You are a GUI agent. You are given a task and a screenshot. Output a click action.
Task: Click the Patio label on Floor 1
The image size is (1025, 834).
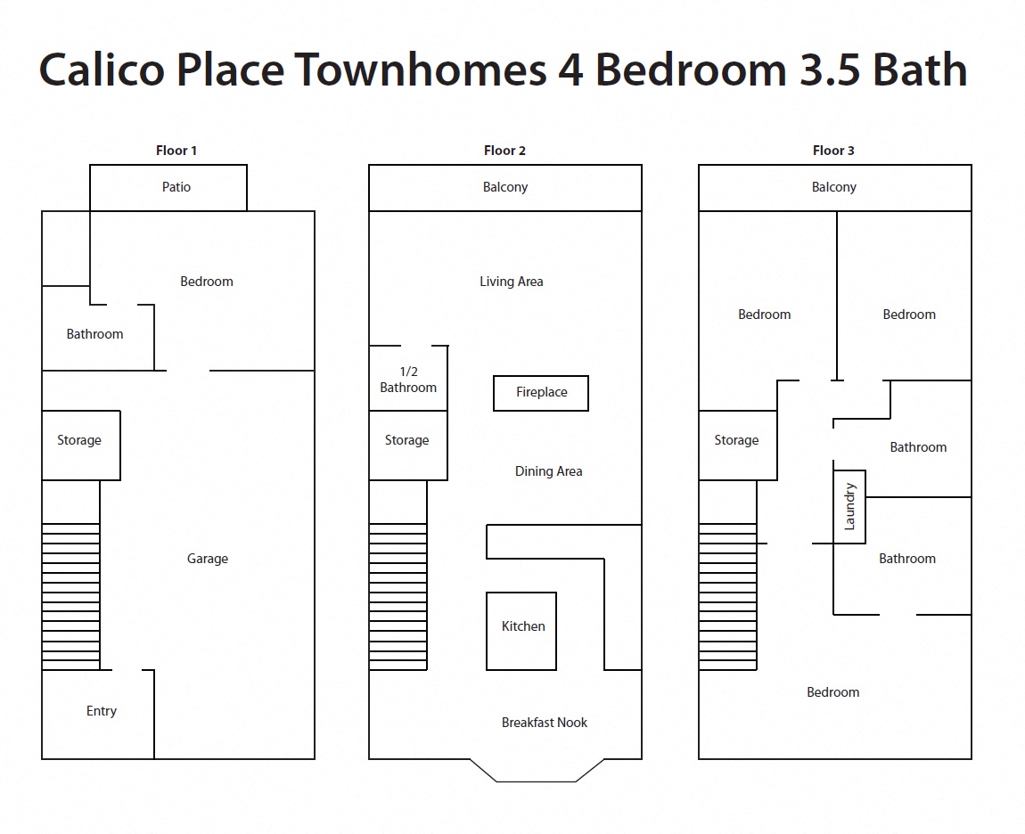click(176, 187)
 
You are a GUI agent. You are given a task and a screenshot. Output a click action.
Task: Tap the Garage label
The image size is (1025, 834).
click(208, 559)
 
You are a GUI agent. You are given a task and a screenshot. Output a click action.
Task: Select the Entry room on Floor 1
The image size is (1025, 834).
click(101, 711)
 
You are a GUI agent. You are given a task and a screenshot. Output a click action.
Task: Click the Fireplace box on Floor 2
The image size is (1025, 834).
click(541, 393)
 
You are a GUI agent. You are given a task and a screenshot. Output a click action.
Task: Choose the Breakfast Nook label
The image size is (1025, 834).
click(544, 723)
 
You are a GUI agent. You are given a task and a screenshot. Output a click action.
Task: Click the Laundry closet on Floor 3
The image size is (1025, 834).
click(849, 506)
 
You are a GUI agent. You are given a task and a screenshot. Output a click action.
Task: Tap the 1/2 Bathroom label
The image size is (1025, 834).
click(408, 380)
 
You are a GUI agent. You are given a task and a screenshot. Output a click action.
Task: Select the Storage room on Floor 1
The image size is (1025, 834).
click(79, 441)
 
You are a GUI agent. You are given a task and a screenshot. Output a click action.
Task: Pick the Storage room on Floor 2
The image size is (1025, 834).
click(407, 441)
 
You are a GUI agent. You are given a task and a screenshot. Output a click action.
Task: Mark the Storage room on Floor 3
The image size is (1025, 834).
click(736, 441)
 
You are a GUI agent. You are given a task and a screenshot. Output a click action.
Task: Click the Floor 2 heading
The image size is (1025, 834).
click(504, 151)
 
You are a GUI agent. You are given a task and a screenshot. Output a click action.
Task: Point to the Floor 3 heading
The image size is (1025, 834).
click(833, 151)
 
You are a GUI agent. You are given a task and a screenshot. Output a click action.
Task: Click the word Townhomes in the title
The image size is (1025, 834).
click(421, 70)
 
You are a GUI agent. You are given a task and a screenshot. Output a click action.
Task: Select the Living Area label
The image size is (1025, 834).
click(511, 282)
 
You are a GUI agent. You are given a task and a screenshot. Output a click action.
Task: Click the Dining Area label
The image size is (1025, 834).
click(548, 471)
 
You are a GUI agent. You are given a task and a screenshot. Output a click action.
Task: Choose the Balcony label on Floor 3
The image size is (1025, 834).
click(833, 187)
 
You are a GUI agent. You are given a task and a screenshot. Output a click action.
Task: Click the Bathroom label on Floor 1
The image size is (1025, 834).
click(94, 334)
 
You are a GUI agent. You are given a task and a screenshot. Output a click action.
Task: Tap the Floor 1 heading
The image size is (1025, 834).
click(176, 151)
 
